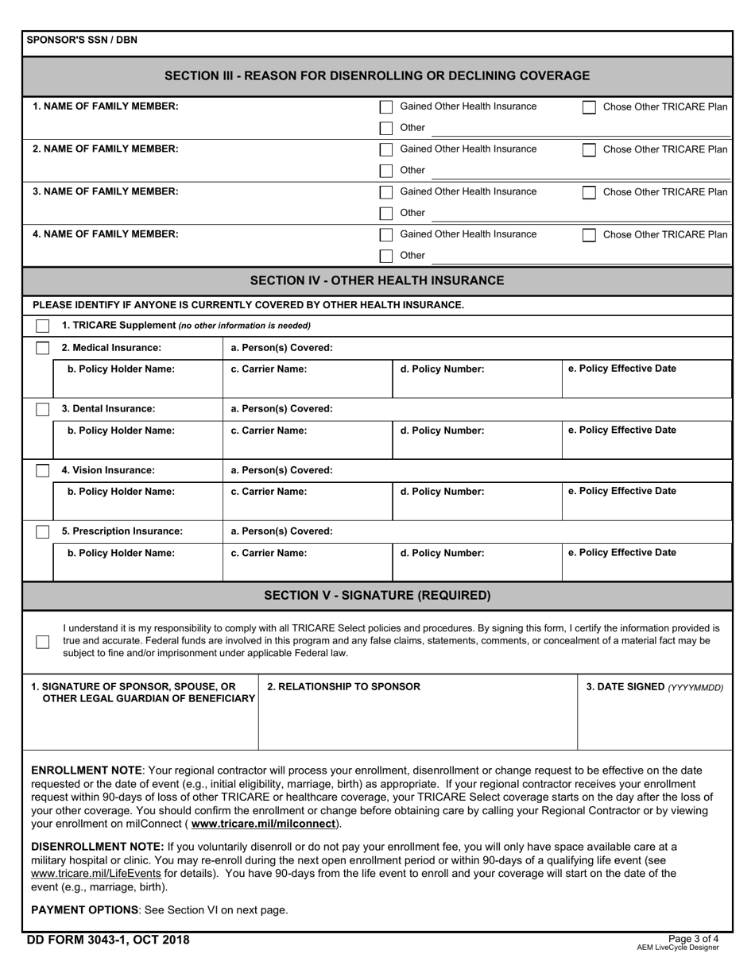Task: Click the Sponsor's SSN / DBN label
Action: click(x=82, y=40)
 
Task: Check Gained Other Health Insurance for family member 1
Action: click(x=386, y=107)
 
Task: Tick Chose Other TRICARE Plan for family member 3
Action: click(x=589, y=192)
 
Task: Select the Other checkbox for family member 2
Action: click(x=386, y=171)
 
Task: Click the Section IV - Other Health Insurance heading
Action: click(x=377, y=280)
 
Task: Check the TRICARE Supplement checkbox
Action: click(x=42, y=326)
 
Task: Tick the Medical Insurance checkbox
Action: click(x=42, y=348)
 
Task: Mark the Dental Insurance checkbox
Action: click(x=42, y=409)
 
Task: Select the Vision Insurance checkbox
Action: click(x=42, y=470)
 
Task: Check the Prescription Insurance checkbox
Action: click(x=42, y=531)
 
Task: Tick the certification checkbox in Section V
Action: click(x=42, y=641)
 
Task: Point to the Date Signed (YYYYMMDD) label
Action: click(x=654, y=687)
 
